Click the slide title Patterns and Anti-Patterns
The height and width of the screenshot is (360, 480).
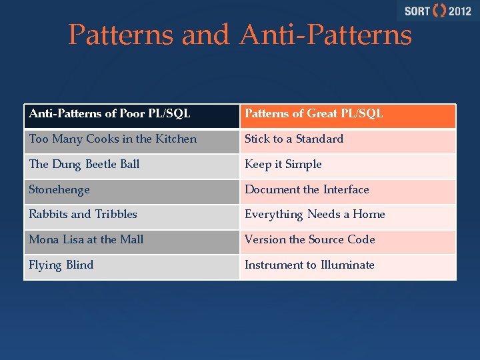pos(240,35)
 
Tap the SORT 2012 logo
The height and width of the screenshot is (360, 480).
pos(437,11)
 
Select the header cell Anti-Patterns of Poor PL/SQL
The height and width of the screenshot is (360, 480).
pos(131,115)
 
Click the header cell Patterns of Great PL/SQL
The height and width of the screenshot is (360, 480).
pos(347,115)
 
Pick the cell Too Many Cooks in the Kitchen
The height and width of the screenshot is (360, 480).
pos(131,140)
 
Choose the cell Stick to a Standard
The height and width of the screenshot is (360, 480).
pos(347,140)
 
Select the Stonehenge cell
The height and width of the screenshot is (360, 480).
pos(131,191)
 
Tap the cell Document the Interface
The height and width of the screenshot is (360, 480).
pos(347,191)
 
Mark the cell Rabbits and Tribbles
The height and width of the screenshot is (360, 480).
pos(131,215)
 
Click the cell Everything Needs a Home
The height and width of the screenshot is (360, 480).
pos(347,215)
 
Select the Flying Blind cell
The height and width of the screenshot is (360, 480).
pos(131,266)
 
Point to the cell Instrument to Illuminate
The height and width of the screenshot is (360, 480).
pos(347,266)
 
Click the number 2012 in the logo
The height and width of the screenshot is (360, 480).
pos(460,11)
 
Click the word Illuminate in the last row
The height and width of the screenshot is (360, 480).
pos(347,265)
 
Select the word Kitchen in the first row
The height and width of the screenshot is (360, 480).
pos(175,139)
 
